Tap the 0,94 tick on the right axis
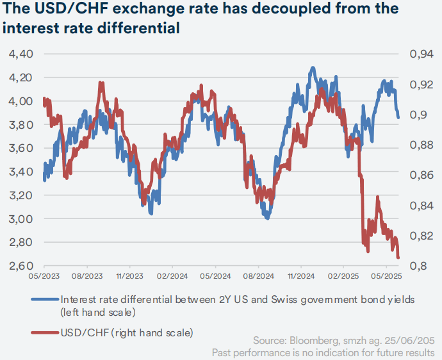coord(420,54)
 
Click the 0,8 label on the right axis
coord(416,266)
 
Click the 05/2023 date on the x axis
coord(44,277)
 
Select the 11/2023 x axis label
coord(129,277)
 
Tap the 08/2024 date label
coord(258,277)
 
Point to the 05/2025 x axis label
coord(387,277)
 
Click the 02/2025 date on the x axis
coord(344,277)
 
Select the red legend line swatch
coord(44,333)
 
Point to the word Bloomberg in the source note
coord(304,340)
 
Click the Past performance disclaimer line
coord(323,352)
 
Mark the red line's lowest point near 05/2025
coord(398,258)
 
